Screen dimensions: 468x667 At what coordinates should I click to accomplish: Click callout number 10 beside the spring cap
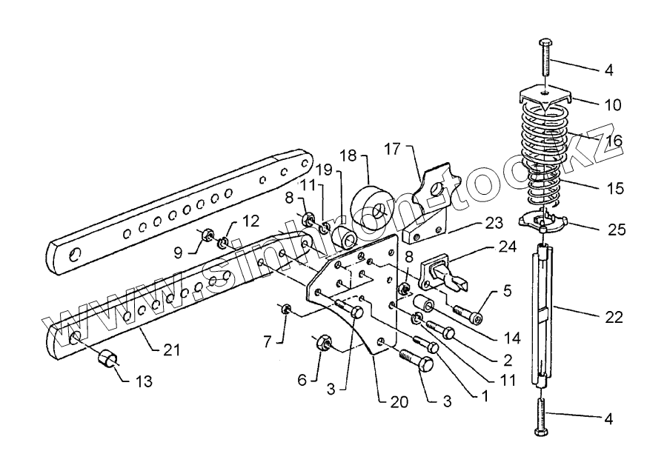click(612, 104)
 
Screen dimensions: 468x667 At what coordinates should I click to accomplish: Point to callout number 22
click(613, 317)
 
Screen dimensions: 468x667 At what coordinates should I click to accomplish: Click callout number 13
click(143, 381)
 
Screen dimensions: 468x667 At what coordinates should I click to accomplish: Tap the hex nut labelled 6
click(323, 344)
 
